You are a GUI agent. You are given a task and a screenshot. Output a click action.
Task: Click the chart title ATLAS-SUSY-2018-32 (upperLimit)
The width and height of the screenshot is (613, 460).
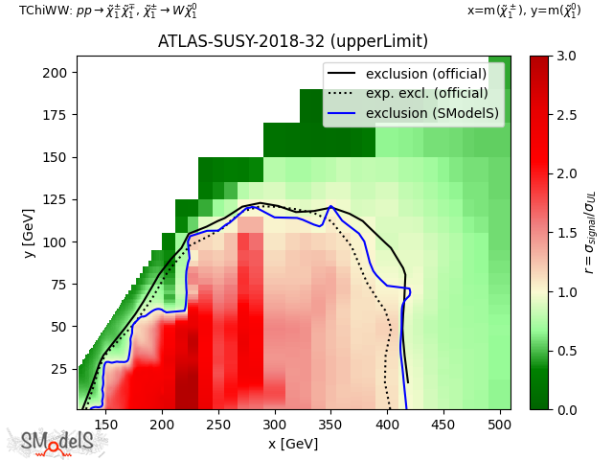point(293,42)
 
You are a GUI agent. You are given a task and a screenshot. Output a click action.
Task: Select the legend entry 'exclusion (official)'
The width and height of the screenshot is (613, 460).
point(425,74)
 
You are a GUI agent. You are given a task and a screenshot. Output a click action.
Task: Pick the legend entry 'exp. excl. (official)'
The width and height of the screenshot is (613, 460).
point(426,93)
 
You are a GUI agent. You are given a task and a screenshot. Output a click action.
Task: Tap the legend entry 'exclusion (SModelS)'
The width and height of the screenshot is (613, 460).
point(432,112)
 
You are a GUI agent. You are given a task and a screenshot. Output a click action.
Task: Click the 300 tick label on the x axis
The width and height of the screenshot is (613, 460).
point(275,424)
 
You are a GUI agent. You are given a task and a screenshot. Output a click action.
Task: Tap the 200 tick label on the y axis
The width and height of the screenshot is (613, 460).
point(57,73)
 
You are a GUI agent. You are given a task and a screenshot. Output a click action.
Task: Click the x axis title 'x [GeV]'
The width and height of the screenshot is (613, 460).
point(293,444)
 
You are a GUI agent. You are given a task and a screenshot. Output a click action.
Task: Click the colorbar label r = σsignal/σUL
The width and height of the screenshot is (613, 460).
point(589,233)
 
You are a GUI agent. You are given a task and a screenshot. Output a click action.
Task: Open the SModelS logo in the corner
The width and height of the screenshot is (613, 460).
point(57,442)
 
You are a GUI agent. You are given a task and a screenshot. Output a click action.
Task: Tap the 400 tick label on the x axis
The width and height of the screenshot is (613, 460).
point(387,424)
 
